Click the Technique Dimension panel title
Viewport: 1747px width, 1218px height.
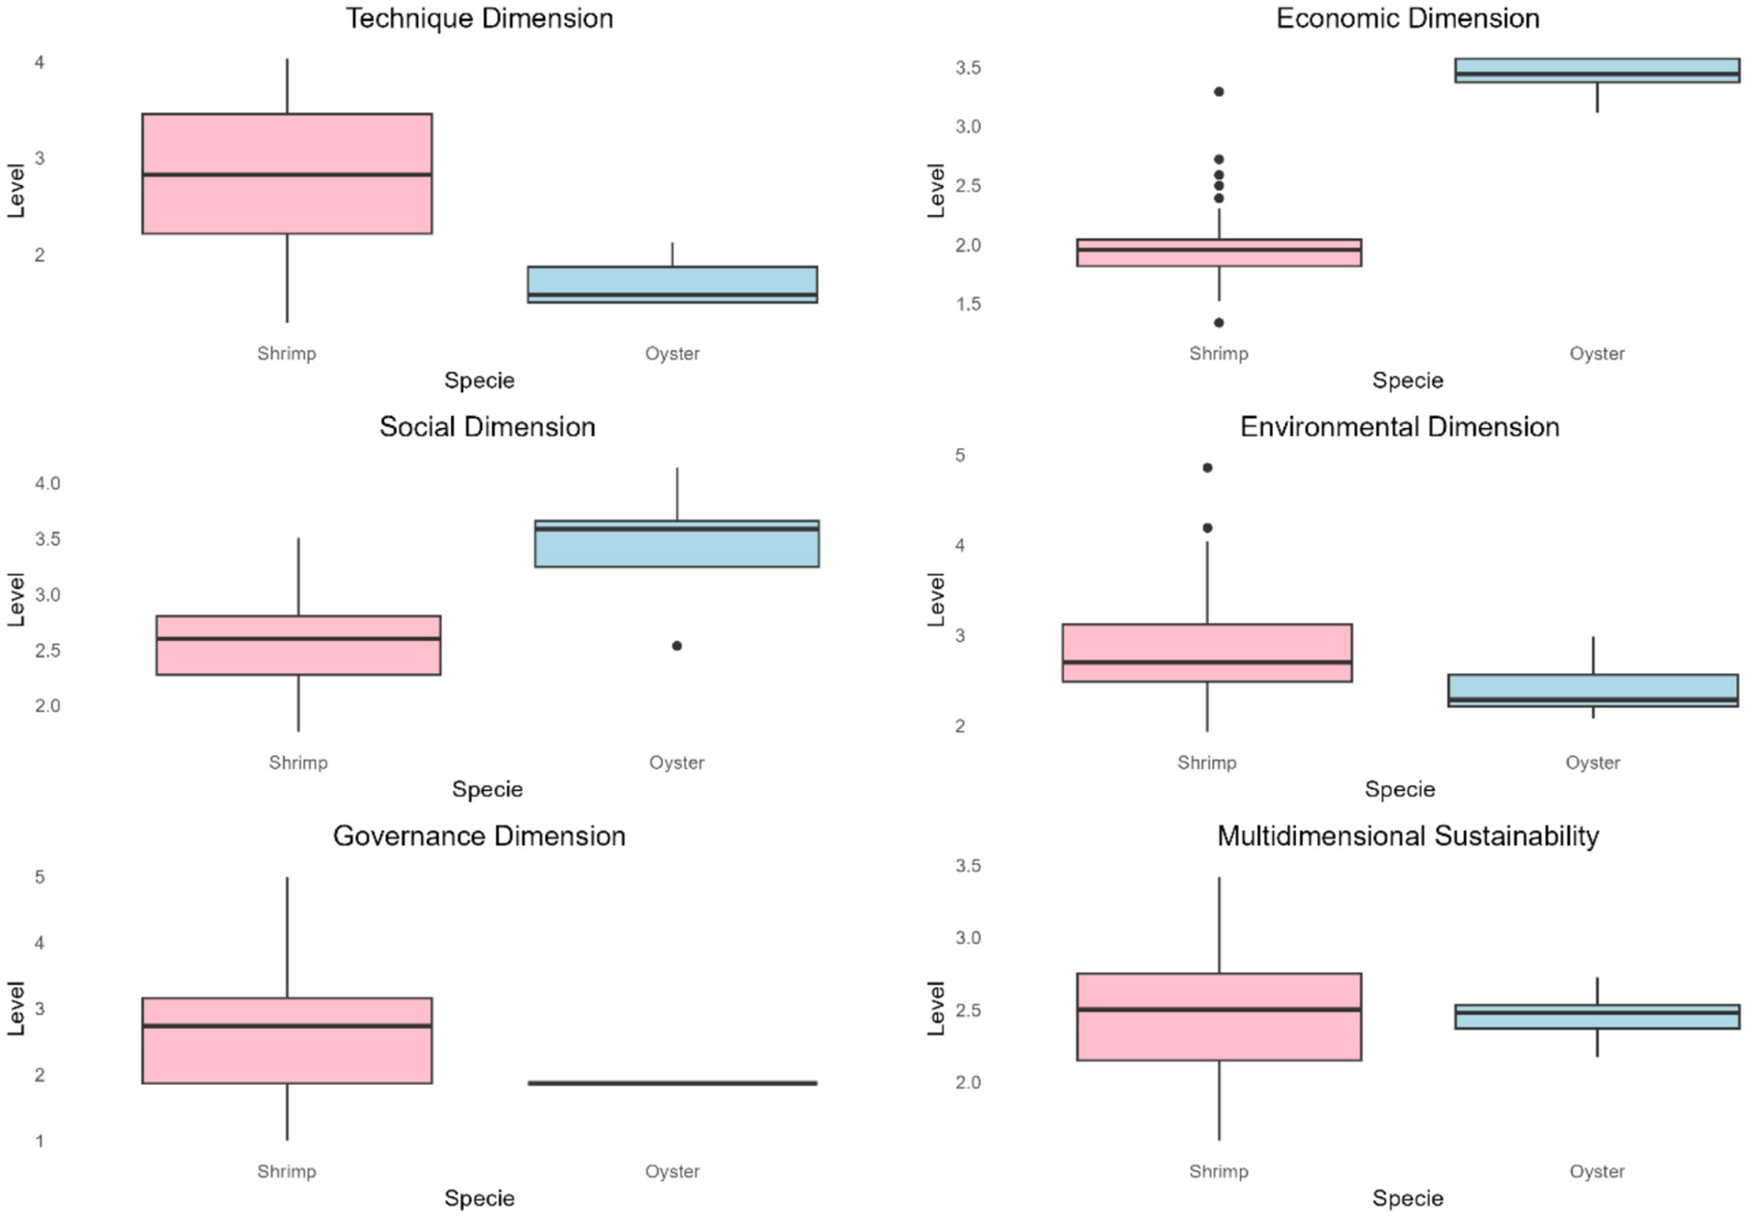tap(479, 18)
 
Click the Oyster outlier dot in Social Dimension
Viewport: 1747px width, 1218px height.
tap(677, 646)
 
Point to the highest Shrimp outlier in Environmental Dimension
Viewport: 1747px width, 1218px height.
tap(1207, 468)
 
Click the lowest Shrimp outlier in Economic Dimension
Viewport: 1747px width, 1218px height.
tap(1219, 322)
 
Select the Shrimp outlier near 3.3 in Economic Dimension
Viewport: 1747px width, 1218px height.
tap(1219, 92)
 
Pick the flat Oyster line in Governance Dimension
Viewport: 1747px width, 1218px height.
tap(672, 1083)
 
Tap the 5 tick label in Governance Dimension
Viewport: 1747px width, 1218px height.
tap(39, 877)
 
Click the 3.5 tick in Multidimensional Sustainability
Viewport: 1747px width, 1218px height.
tap(967, 865)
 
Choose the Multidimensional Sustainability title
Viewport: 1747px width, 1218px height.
tap(1407, 836)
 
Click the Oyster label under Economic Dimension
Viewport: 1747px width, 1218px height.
tap(1596, 354)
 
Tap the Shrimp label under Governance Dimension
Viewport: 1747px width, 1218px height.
tap(287, 1171)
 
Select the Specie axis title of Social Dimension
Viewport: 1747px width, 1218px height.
tap(487, 789)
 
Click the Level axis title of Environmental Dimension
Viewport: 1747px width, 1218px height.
tap(936, 599)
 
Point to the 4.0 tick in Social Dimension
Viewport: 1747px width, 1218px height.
tap(48, 483)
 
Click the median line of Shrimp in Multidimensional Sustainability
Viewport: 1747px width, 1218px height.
tap(1219, 1009)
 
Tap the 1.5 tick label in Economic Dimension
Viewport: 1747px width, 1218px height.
tap(967, 304)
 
